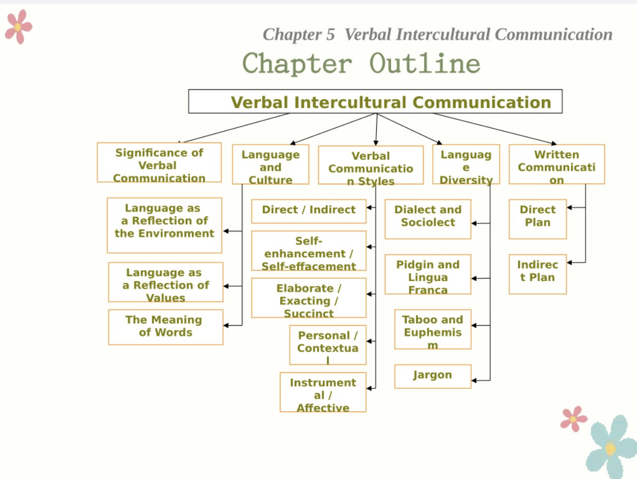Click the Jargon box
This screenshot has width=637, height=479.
[x=432, y=376]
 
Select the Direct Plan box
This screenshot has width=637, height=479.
[x=537, y=219]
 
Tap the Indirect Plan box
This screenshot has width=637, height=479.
[x=537, y=274]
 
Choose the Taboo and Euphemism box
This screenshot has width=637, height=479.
[x=432, y=329]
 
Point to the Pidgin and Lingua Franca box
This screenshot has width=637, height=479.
[x=428, y=274]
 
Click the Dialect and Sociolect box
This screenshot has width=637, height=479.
[x=428, y=219]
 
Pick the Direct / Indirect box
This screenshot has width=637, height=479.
[x=308, y=211]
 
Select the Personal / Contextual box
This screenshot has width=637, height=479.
[x=327, y=345]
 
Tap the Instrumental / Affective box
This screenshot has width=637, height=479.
[x=323, y=392]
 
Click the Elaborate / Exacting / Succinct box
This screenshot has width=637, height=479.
[x=308, y=298]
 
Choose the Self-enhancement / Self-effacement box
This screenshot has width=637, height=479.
[x=308, y=250]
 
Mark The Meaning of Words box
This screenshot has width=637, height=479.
[x=165, y=327]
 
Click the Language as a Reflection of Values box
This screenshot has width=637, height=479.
[x=165, y=282]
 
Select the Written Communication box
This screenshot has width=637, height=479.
[x=556, y=164]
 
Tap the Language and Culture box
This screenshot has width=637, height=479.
[x=271, y=164]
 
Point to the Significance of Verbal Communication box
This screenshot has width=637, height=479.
[x=159, y=162]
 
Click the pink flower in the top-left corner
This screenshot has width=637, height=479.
[x=18, y=27]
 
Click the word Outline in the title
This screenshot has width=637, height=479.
[x=424, y=64]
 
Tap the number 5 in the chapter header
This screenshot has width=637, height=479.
[x=330, y=35]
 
